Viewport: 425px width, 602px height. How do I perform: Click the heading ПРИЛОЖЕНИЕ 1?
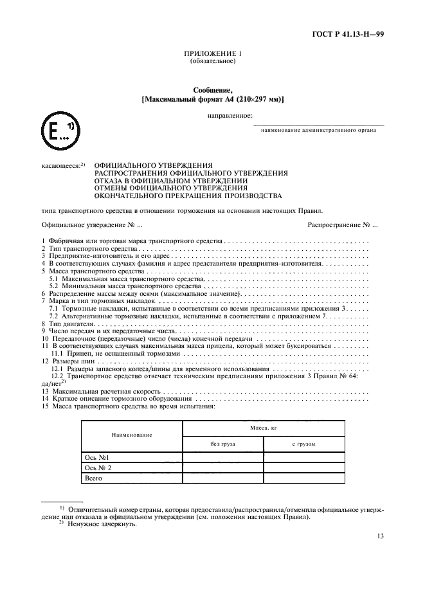click(x=212, y=55)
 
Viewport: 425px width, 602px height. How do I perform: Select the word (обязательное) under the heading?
click(x=212, y=62)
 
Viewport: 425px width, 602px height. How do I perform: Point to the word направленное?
click(x=229, y=115)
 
